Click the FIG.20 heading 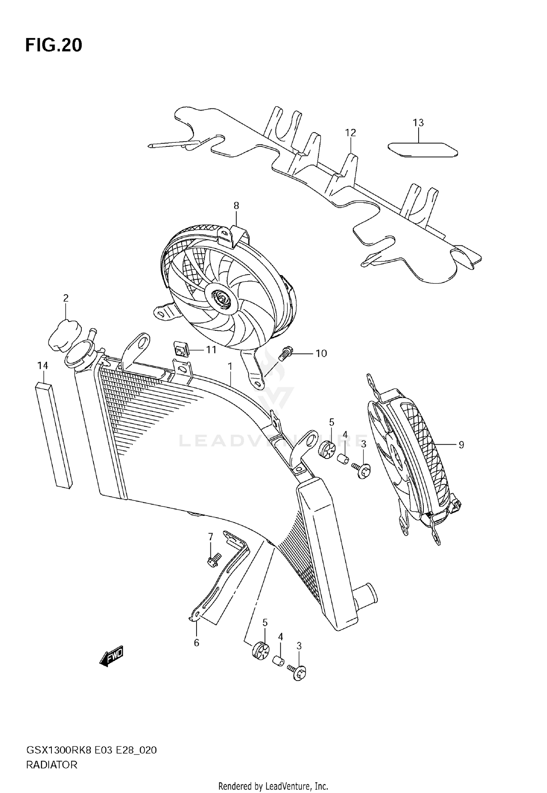(54, 45)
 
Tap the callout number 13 (418, 123)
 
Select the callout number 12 (350, 133)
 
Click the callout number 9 (461, 445)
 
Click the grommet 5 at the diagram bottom (260, 652)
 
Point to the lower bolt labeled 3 (298, 673)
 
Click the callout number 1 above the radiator (230, 366)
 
